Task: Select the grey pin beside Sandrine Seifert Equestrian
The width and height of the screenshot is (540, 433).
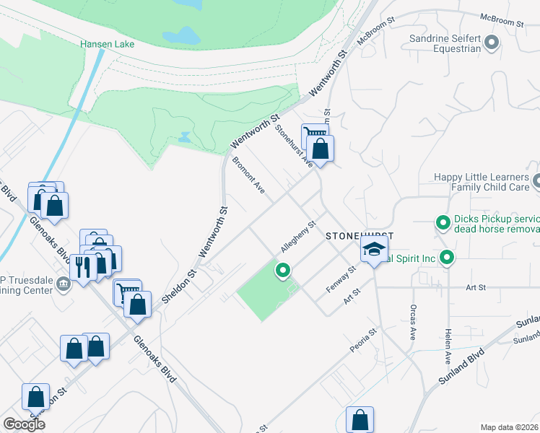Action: tap(492, 43)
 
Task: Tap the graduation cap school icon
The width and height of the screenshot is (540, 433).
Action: tap(374, 250)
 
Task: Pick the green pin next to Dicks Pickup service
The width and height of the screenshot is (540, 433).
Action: tap(442, 223)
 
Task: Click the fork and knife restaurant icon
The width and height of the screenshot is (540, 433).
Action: tap(84, 268)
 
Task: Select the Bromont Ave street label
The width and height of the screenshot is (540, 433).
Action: tap(248, 176)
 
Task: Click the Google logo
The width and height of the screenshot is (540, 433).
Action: tap(24, 424)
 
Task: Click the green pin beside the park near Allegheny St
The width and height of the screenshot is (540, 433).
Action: tap(282, 271)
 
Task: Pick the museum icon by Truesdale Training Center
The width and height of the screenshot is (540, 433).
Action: tap(64, 284)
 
